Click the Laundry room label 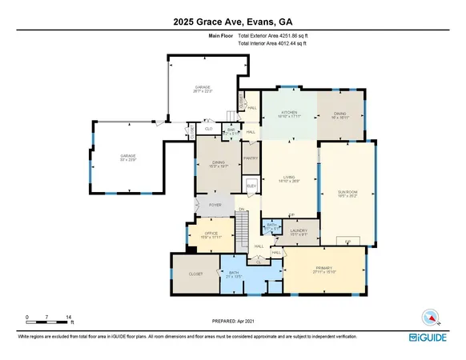298,232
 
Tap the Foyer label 215,205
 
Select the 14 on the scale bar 70,318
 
